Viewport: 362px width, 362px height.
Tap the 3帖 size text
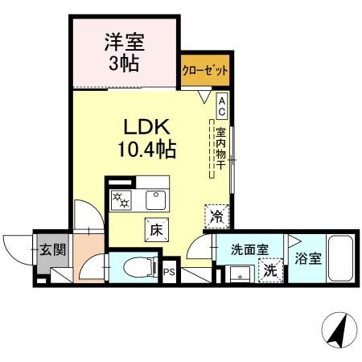[x=125, y=63]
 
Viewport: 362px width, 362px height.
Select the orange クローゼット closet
[x=204, y=71]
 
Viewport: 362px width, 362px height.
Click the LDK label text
[x=147, y=127]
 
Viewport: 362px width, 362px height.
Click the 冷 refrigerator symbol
[x=216, y=215]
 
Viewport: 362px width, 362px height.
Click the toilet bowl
[x=137, y=265]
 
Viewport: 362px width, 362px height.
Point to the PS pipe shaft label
[x=170, y=273]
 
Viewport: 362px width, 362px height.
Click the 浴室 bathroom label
[x=307, y=259]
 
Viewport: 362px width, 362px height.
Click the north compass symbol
[x=336, y=331]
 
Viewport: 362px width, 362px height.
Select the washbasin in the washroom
[x=239, y=274]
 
